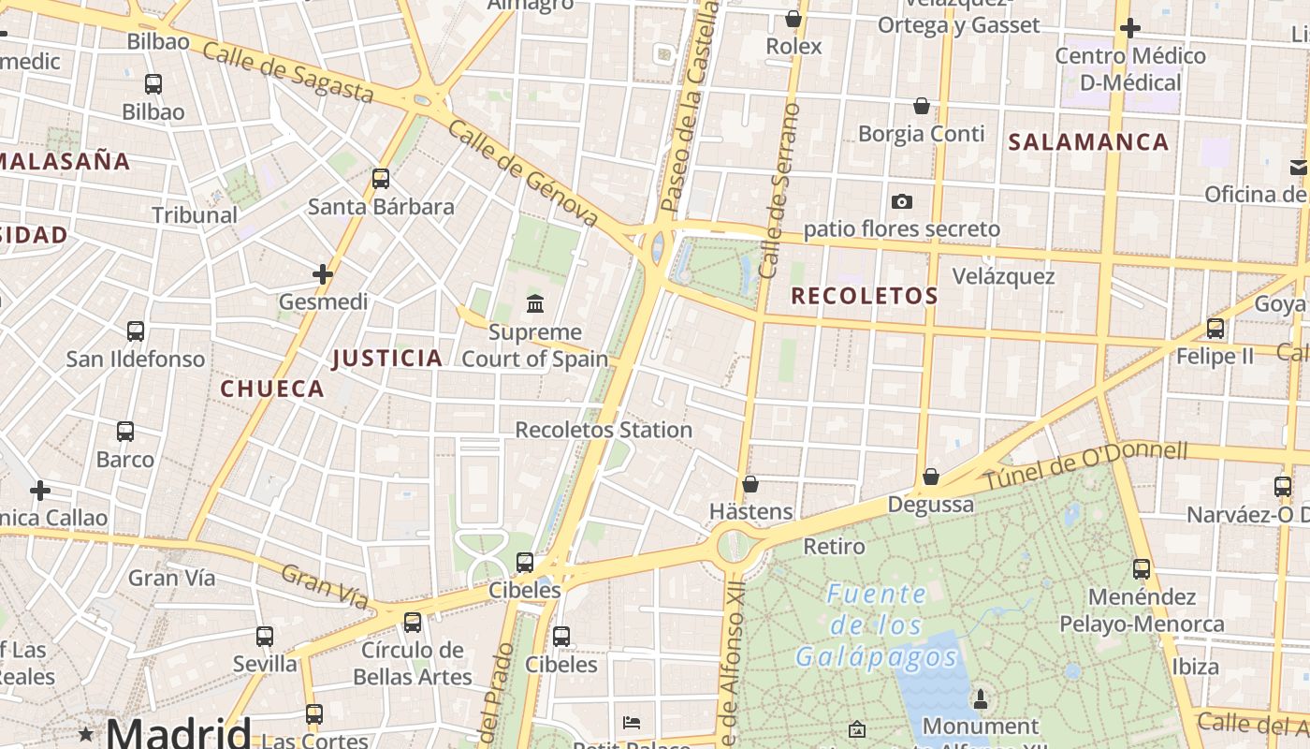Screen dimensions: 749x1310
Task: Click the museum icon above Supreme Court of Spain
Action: tap(535, 303)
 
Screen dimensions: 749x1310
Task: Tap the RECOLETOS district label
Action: tap(864, 296)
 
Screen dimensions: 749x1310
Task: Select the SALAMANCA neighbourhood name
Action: tap(1088, 142)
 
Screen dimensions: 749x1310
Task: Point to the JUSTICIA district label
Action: tap(387, 358)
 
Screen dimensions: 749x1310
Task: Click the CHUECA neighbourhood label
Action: tap(272, 389)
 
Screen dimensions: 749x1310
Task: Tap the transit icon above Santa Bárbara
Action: tap(380, 178)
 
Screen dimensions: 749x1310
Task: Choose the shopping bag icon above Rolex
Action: tap(793, 19)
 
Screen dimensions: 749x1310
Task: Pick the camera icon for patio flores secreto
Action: tap(902, 201)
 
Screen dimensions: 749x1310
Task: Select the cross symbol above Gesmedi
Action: tap(323, 274)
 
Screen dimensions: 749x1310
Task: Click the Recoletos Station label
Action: tap(604, 430)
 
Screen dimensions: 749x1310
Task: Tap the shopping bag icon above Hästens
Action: tap(750, 484)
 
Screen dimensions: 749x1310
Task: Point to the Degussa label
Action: tap(930, 504)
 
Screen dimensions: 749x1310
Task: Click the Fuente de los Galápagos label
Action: tap(877, 624)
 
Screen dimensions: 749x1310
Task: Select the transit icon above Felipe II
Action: tap(1215, 329)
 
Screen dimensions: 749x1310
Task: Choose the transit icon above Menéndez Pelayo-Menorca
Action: tap(1141, 568)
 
